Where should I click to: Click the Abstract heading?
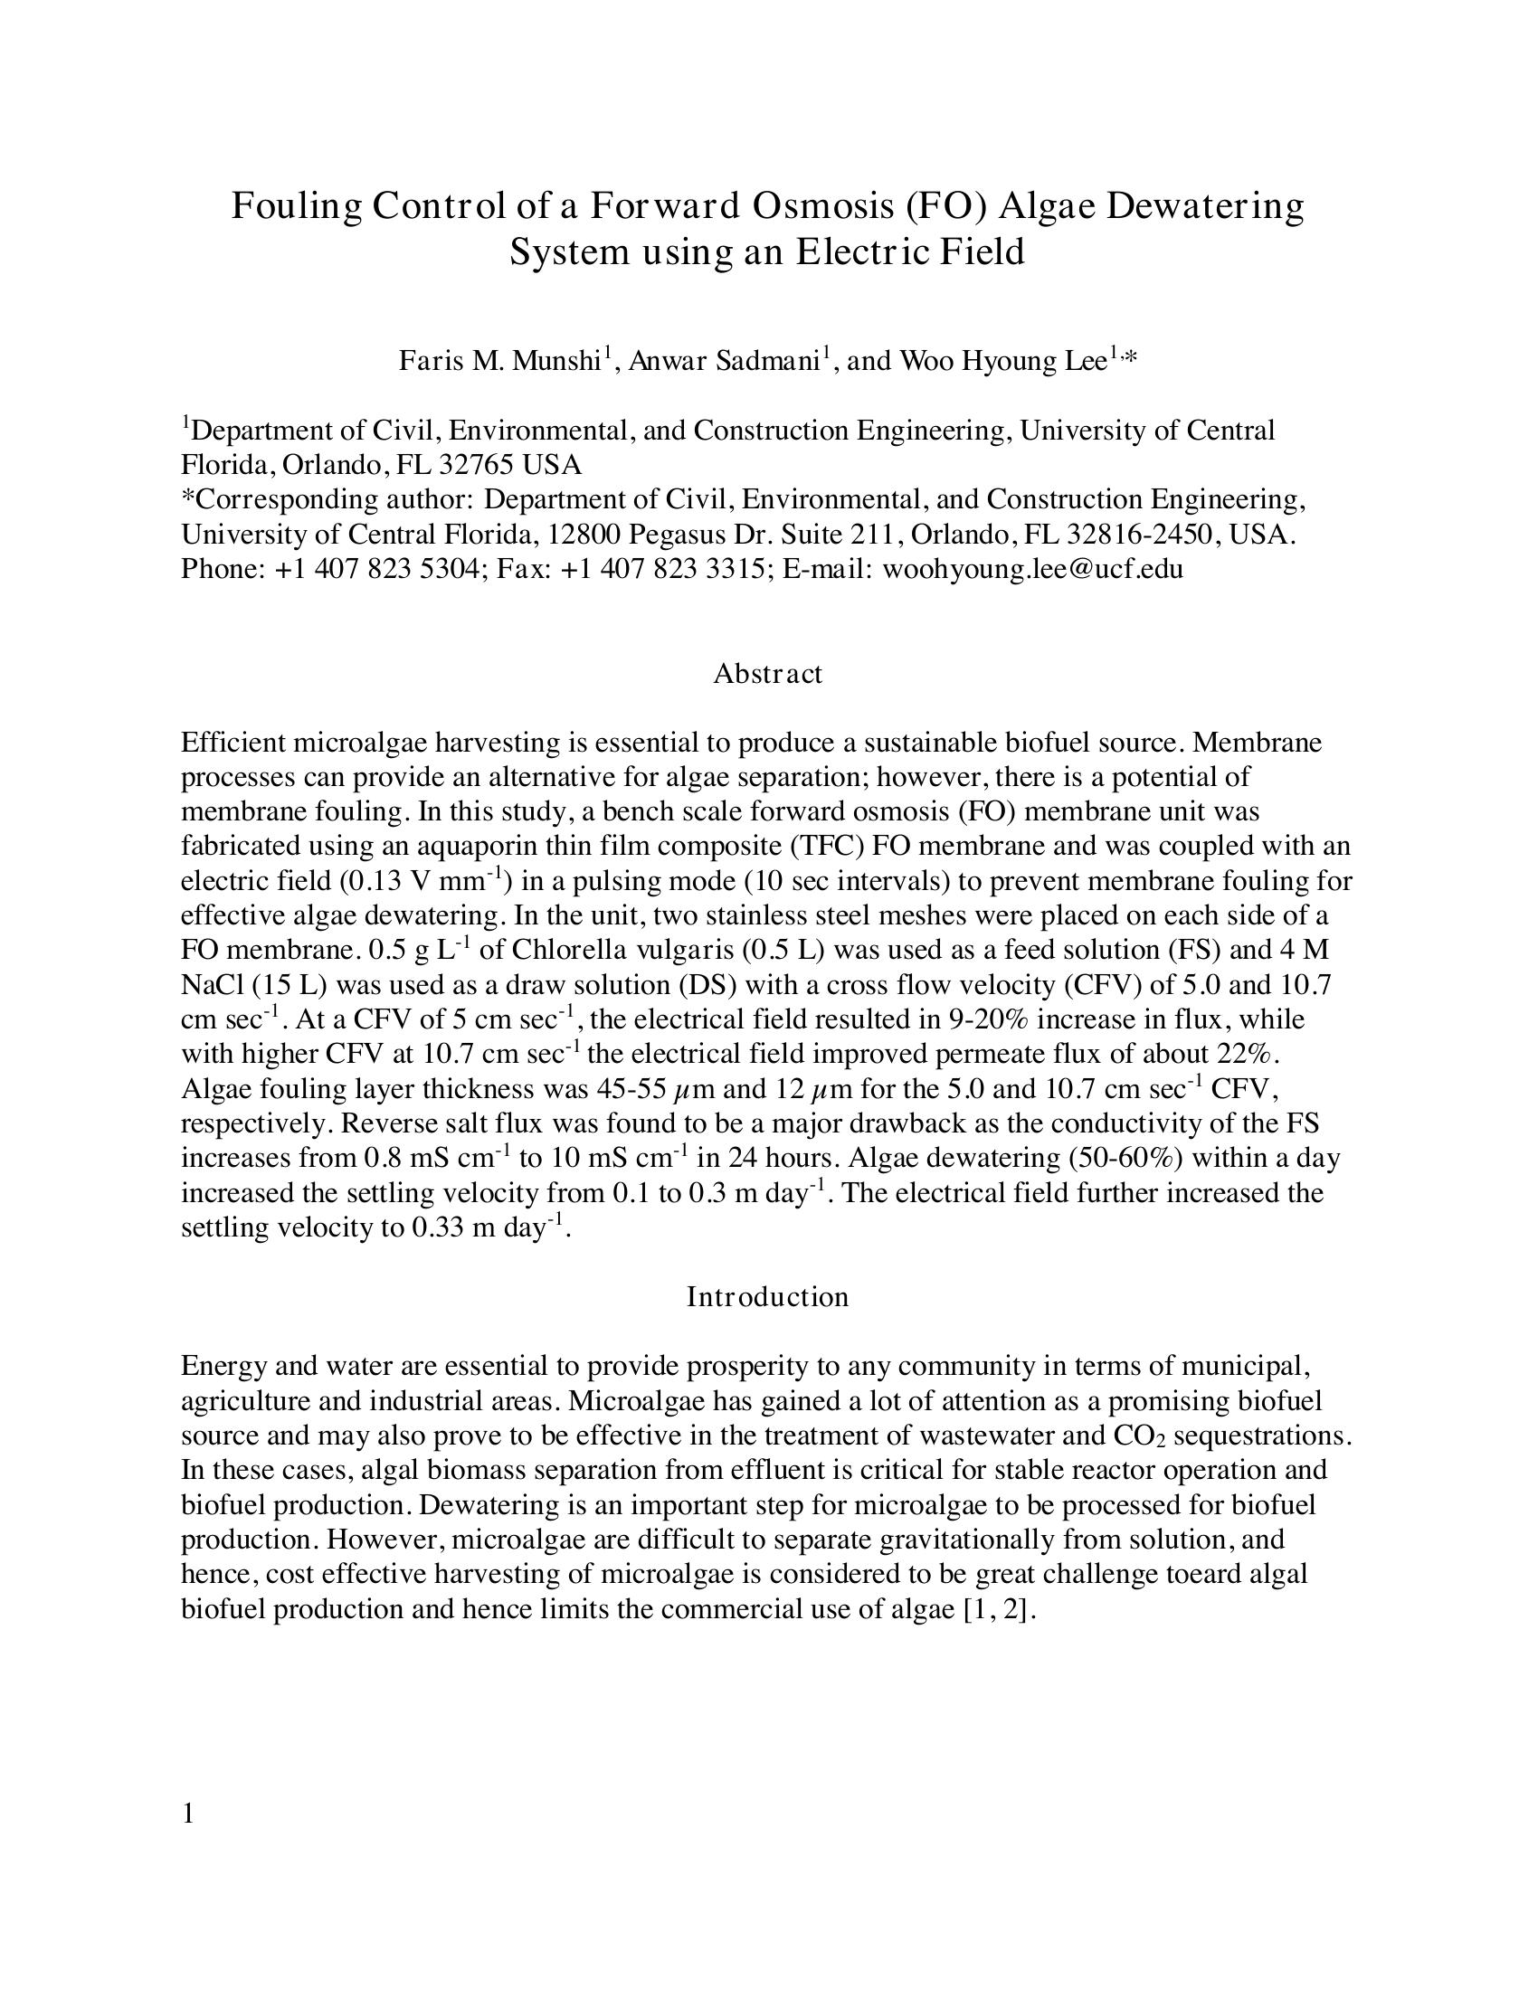[x=767, y=673]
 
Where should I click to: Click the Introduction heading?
[x=767, y=1296]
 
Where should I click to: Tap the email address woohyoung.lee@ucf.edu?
[x=1033, y=570]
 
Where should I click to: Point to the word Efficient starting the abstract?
[x=233, y=743]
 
